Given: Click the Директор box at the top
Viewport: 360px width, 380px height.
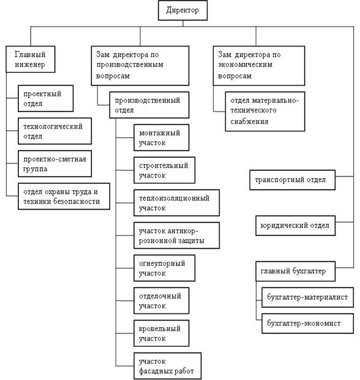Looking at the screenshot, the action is tap(182, 10).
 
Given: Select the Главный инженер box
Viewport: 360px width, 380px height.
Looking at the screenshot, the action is tap(31, 59).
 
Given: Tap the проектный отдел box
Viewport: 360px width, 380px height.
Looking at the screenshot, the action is tap(45, 99).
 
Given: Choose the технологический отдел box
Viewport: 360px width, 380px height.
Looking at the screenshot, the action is tap(54, 131).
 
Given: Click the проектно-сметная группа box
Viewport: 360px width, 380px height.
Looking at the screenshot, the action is tap(54, 164).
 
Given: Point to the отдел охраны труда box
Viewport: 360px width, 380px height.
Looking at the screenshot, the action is tap(64, 196).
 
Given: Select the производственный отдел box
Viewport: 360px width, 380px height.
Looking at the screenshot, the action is tap(149, 105).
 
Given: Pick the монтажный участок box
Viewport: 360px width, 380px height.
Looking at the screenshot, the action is tap(162, 138).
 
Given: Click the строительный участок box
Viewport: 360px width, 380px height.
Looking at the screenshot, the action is tap(164, 170).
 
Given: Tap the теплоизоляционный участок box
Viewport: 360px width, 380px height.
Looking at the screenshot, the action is tap(177, 203).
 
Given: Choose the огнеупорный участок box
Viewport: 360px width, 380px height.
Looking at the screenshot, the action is tap(164, 268).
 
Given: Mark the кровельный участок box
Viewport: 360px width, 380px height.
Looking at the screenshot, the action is tap(162, 333).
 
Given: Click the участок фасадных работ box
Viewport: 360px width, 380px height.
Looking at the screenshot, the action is tap(168, 366).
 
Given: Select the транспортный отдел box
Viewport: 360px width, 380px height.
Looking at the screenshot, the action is tap(293, 180).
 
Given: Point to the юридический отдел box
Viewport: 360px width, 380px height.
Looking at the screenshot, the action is tap(296, 226).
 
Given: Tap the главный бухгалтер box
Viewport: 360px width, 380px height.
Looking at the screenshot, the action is tap(296, 271).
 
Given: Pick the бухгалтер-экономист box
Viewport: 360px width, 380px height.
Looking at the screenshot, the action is tap(308, 324).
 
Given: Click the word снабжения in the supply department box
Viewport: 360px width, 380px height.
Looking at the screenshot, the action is tap(249, 121).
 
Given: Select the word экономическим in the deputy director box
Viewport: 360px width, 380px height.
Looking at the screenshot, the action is tap(245, 65).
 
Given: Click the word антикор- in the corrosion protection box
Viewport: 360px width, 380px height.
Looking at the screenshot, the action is tap(183, 231).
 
